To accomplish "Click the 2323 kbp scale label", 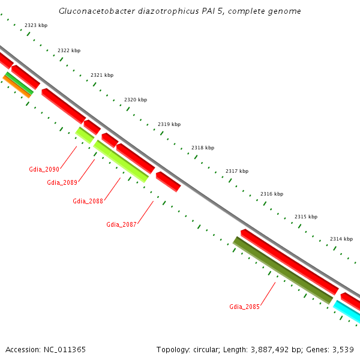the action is [36, 26].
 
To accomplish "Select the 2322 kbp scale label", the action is [69, 51].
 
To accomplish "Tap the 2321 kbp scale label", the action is [102, 76].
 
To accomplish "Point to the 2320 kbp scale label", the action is [136, 100].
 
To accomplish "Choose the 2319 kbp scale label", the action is [169, 124].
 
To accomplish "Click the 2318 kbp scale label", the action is [203, 148].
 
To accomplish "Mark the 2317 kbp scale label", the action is [237, 171].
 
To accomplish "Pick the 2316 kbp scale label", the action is [272, 194].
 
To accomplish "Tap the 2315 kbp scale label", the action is [306, 217].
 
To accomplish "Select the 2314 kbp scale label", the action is [341, 239].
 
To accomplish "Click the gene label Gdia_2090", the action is [44, 169].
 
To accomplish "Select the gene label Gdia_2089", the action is [62, 182].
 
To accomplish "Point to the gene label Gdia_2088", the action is [88, 201].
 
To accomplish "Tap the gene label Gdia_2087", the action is [122, 224].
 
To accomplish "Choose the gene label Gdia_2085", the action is [244, 307].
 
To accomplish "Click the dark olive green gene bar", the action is [283, 271].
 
